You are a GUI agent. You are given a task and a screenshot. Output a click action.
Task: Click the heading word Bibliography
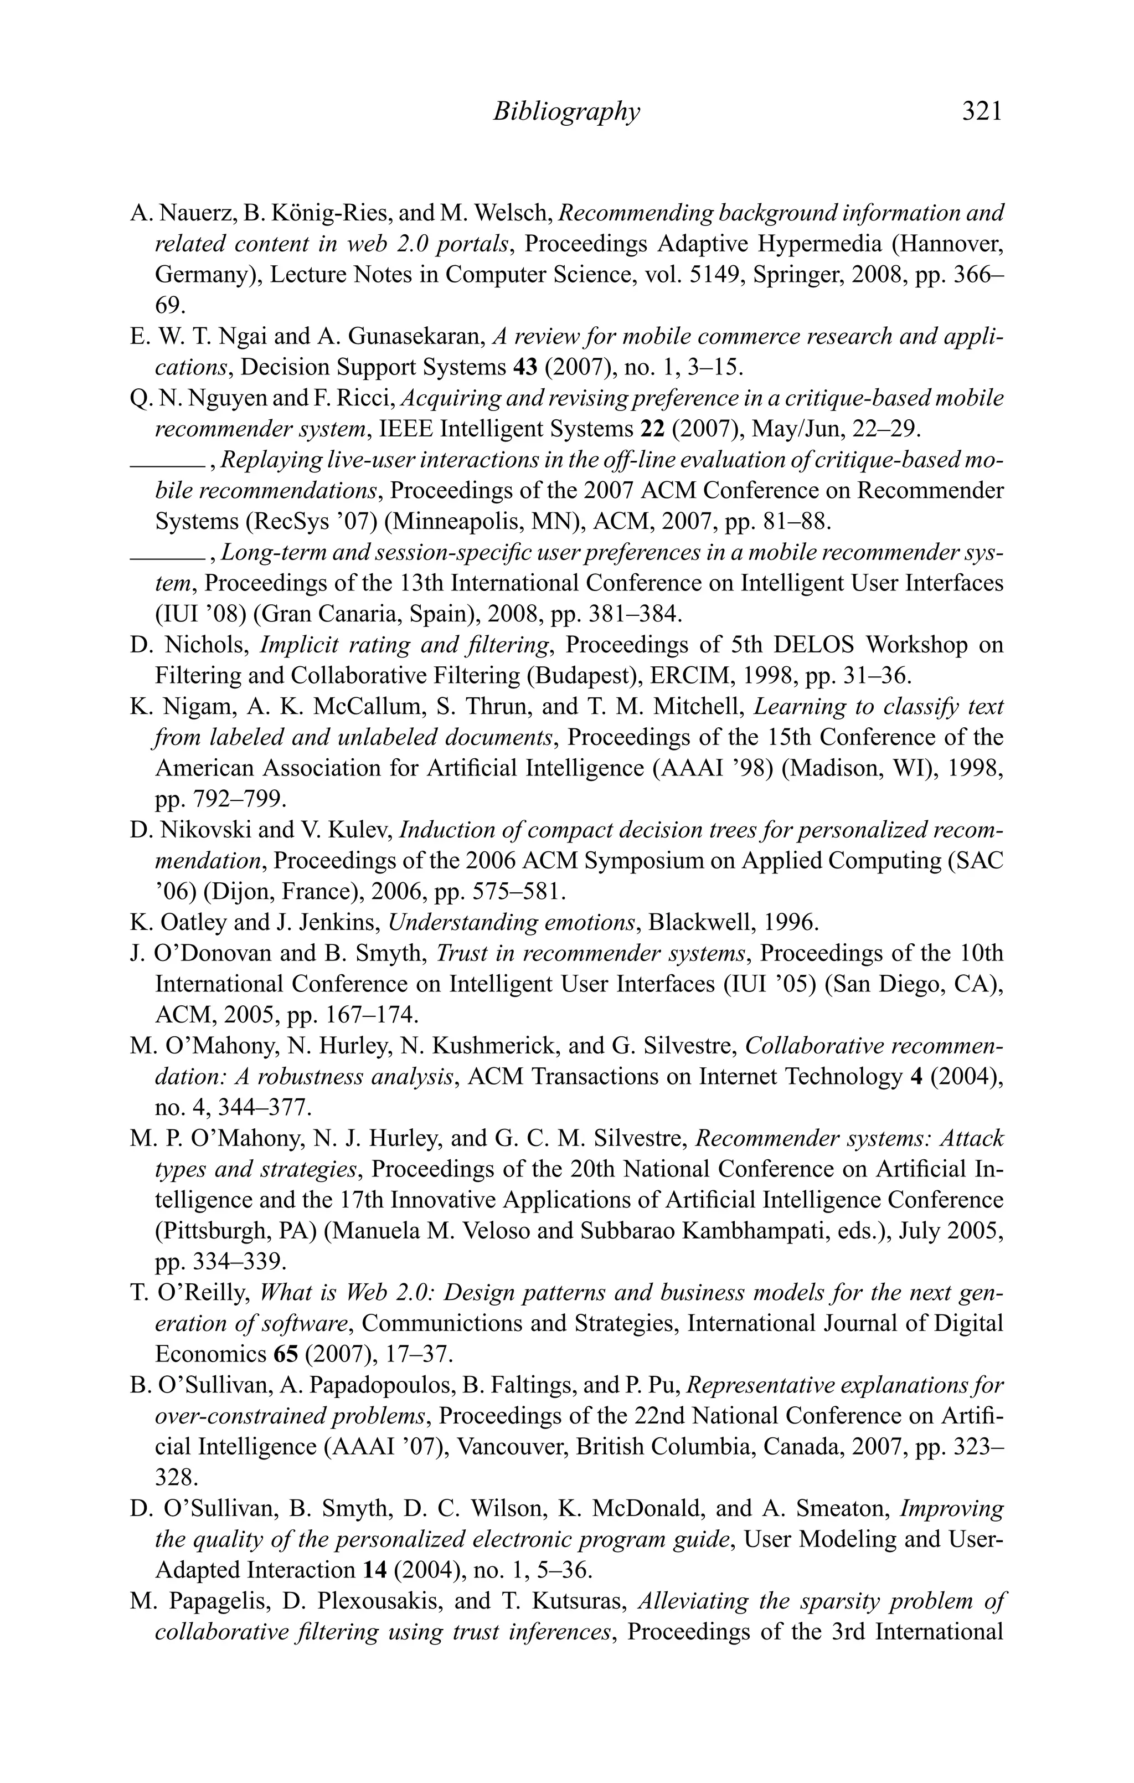coord(565,111)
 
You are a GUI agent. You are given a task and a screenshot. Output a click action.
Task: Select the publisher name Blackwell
coord(685,923)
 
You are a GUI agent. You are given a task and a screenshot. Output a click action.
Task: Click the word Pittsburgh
coord(215,1231)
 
